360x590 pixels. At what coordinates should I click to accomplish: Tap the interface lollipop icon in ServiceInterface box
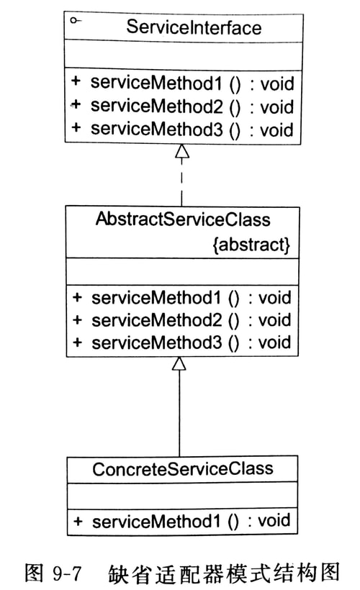tap(75, 22)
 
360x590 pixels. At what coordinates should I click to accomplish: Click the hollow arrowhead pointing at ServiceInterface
tap(181, 152)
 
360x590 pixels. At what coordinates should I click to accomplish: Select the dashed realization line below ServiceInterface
tap(181, 183)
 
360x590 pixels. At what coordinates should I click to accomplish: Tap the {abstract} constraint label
tap(251, 245)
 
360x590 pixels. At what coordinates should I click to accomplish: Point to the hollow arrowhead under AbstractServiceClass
tap(179, 364)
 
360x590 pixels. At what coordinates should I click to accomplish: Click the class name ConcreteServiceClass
tap(182, 469)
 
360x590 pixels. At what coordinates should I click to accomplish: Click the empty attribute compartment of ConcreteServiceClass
tap(182, 495)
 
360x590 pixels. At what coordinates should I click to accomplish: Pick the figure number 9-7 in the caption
tap(65, 573)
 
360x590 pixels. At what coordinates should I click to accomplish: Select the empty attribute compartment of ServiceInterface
tap(181, 55)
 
